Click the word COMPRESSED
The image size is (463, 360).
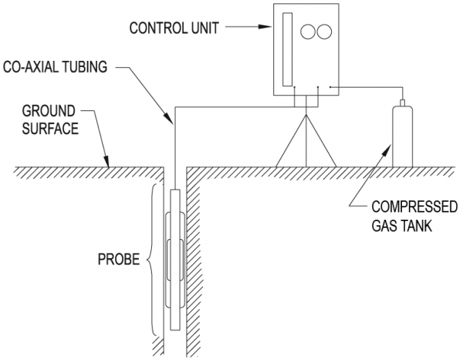(406, 208)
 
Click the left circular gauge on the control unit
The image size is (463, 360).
(308, 32)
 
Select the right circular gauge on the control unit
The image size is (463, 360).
(324, 32)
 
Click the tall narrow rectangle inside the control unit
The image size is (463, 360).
(287, 51)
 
